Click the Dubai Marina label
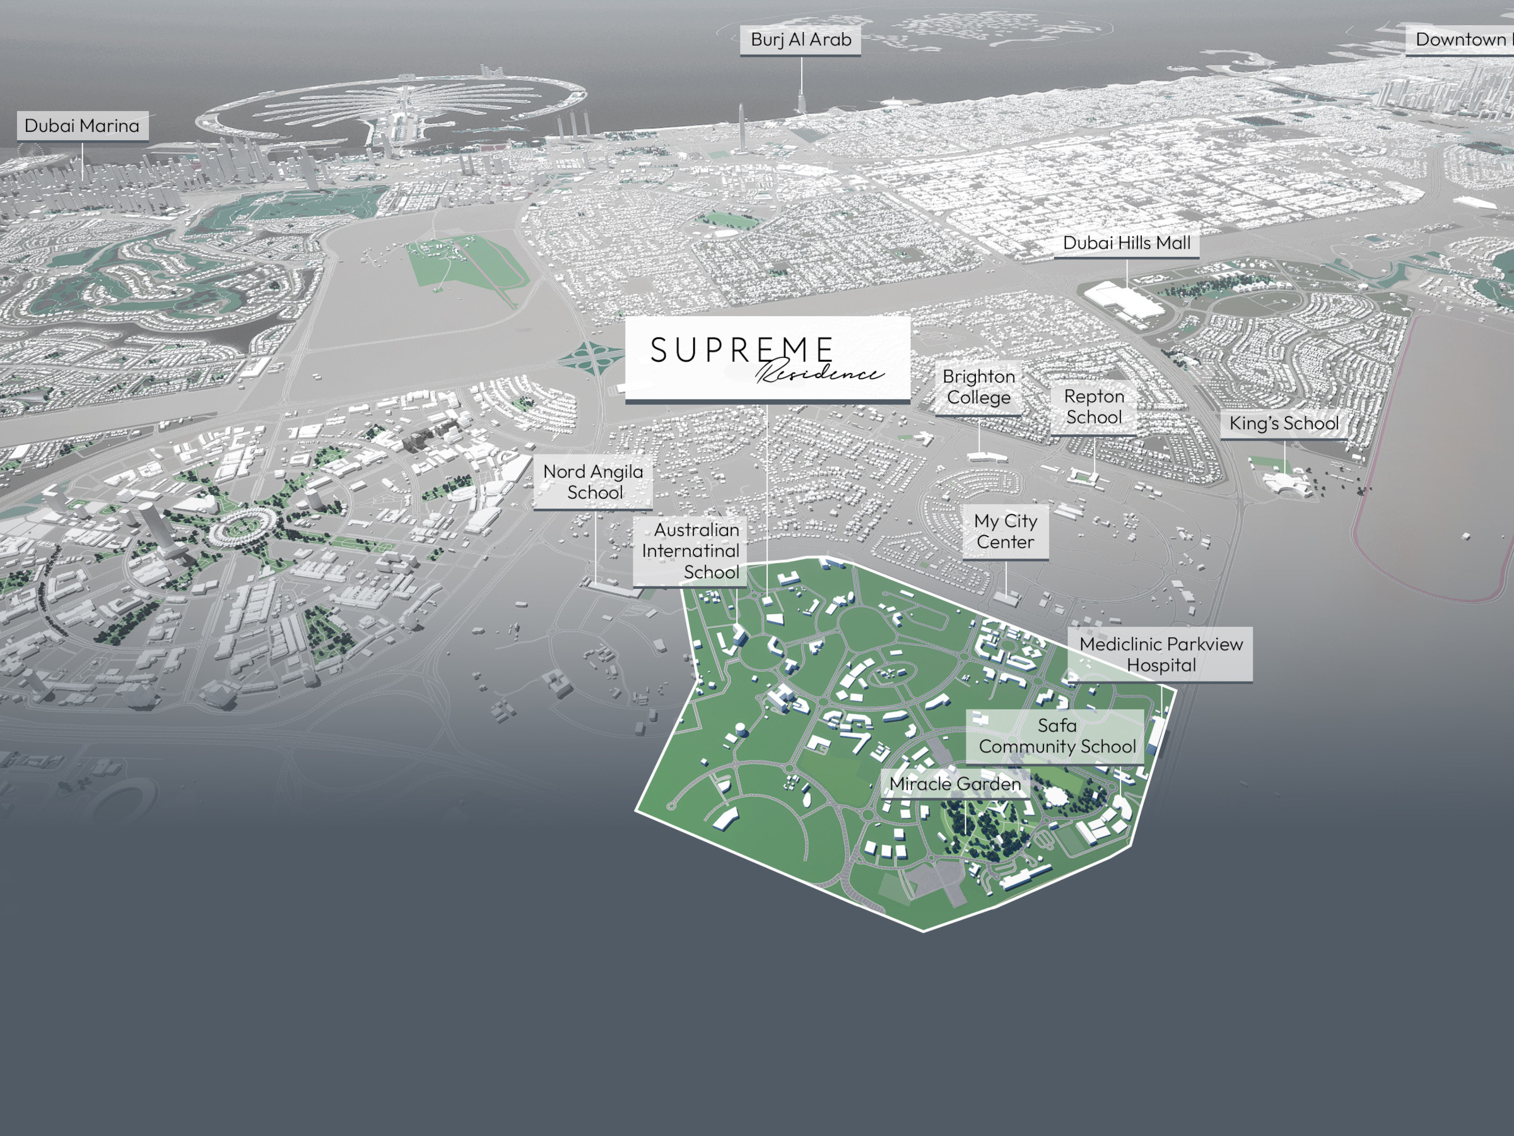(x=82, y=126)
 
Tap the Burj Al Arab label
(x=800, y=40)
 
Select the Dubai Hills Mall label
(x=1126, y=243)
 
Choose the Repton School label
(x=1093, y=406)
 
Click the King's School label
(x=1283, y=423)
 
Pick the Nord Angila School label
(x=593, y=482)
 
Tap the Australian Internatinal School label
(x=690, y=551)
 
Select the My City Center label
(x=1005, y=531)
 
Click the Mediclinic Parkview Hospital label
(x=1160, y=654)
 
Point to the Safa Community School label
(x=1056, y=736)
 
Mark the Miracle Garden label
(x=955, y=784)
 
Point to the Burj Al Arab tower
(x=802, y=103)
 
